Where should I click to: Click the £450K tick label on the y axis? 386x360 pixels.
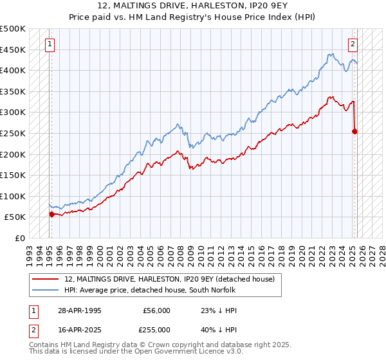[13, 50]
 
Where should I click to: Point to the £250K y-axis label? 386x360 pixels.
[13, 133]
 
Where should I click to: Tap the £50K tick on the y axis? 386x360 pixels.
[15, 217]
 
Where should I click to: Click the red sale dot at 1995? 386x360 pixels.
[52, 215]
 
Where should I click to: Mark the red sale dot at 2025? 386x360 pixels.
[354, 131]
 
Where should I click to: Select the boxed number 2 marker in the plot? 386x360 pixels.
[353, 44]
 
